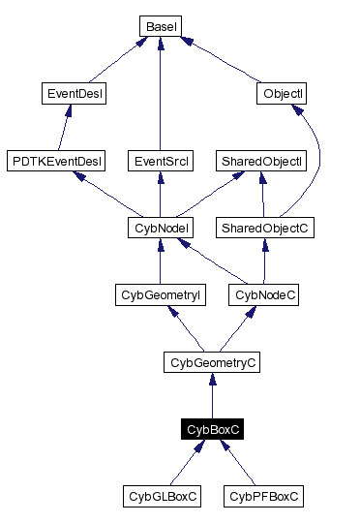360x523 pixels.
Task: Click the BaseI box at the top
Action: coord(159,26)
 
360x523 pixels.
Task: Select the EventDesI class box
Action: coord(75,94)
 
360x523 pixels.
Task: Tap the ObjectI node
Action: coord(283,94)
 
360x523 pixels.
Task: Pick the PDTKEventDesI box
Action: coord(55,160)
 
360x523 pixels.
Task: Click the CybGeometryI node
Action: coord(159,294)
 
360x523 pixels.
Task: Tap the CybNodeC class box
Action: coord(263,294)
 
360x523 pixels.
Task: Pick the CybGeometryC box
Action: coord(211,362)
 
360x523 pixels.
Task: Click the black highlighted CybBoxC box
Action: coord(212,429)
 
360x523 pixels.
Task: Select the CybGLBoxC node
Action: coord(163,496)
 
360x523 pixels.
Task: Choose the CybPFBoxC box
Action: coord(263,496)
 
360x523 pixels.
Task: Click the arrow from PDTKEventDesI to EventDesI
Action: coord(65,127)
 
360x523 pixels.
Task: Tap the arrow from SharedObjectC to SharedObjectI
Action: coord(262,194)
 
